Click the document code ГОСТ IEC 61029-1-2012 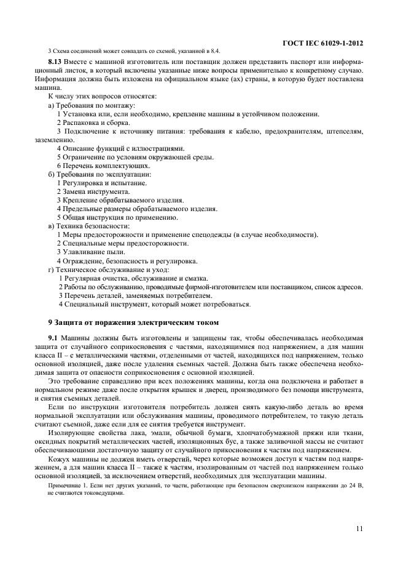point(322,43)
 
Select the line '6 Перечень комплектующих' point(103,166)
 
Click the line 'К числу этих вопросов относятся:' point(102,97)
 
